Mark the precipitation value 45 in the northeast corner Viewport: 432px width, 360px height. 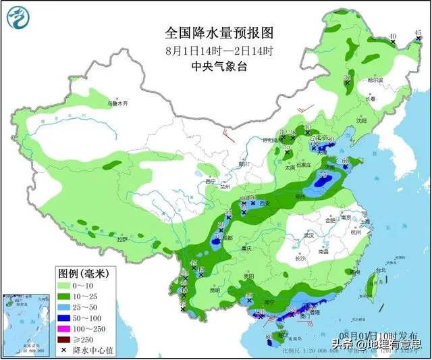[x=418, y=32]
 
